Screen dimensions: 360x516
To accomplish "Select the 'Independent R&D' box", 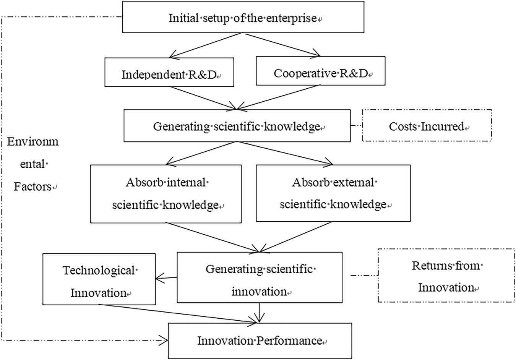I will (x=169, y=73).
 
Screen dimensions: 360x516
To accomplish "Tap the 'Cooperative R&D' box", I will (x=320, y=71).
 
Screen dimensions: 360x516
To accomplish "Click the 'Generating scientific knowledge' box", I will (x=237, y=126).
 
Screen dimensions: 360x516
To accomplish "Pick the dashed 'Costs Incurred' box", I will (x=427, y=126).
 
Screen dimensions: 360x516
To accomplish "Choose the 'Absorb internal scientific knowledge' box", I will (x=166, y=193).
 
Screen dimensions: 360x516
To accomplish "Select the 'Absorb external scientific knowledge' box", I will (x=333, y=193).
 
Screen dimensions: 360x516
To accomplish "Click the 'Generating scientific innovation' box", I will (x=260, y=277).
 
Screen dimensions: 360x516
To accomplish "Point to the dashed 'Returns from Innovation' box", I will (x=446, y=276).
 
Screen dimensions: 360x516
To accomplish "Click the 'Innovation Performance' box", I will (x=260, y=340).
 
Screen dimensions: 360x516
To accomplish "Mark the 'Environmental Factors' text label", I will (x=33, y=164).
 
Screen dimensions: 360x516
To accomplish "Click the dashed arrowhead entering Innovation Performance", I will (x=164, y=339).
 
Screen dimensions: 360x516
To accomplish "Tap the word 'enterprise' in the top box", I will (x=292, y=18).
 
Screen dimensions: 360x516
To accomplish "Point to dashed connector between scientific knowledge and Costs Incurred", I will (x=356, y=125).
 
